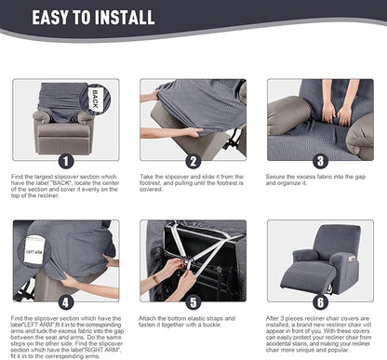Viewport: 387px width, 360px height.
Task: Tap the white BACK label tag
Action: (96, 98)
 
